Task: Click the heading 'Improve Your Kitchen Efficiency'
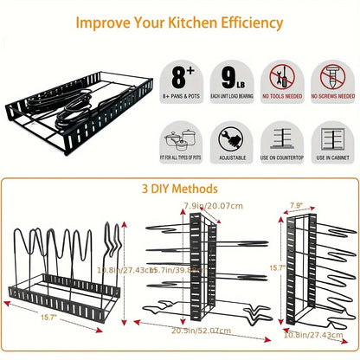tap(179, 21)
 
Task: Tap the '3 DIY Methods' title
tap(179, 188)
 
